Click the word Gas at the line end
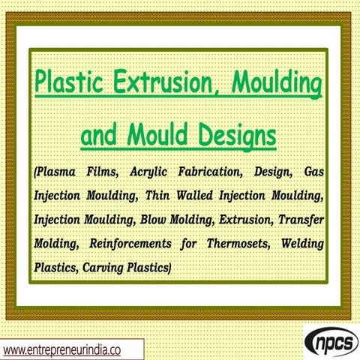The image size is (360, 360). tap(316, 172)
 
